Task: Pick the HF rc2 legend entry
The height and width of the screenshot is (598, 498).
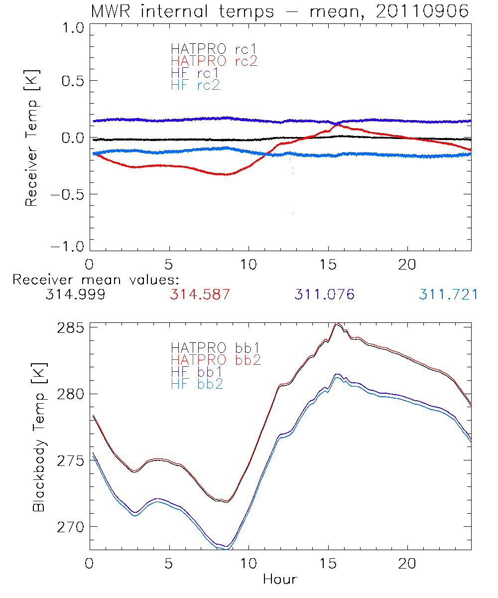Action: coord(195,85)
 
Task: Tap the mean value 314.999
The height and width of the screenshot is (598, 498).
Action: coord(75,295)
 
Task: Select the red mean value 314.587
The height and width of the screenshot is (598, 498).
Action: coord(200,295)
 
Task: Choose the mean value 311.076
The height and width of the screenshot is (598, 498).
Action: coord(324,295)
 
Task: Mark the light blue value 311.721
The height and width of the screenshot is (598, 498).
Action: coord(448,295)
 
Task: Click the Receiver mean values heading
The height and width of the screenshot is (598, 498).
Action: coord(96,280)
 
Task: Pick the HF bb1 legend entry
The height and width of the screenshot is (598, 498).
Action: coord(197,372)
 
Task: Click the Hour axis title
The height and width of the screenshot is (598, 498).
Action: coord(280,579)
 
